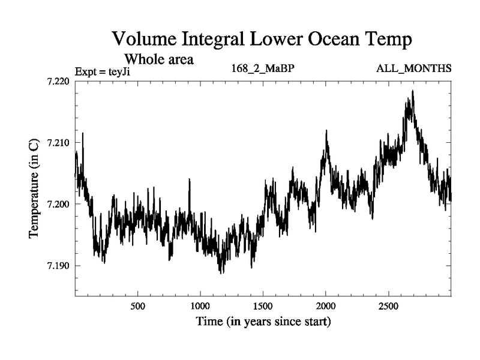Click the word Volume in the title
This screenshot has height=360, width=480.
(x=144, y=40)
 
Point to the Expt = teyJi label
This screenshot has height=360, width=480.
(x=103, y=72)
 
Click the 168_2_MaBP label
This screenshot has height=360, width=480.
(x=263, y=69)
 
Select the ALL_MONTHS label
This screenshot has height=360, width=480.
(x=413, y=69)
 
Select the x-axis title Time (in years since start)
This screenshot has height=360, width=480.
(x=263, y=322)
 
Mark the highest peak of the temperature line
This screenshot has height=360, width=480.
(x=413, y=91)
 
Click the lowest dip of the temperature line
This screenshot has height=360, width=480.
(x=221, y=273)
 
